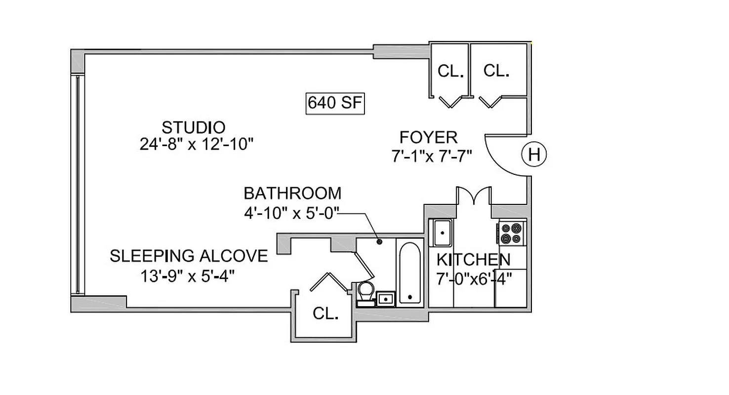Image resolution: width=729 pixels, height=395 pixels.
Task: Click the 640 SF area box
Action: pyautogui.click(x=335, y=103)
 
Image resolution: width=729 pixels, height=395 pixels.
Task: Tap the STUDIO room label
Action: pyautogui.click(x=194, y=127)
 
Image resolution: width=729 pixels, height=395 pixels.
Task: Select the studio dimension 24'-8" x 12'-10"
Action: pyautogui.click(x=196, y=144)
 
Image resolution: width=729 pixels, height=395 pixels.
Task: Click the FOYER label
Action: pyautogui.click(x=428, y=137)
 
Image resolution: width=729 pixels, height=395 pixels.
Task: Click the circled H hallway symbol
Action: pyautogui.click(x=534, y=155)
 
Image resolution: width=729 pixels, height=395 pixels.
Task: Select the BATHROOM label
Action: pyautogui.click(x=292, y=193)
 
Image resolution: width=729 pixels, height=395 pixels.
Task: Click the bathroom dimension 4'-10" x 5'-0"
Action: pyautogui.click(x=291, y=213)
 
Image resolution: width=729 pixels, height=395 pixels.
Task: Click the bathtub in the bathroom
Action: pyautogui.click(x=409, y=273)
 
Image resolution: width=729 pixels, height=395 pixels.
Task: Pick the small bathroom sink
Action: pyautogui.click(x=385, y=299)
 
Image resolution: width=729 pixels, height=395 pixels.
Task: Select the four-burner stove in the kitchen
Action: pyautogui.click(x=511, y=233)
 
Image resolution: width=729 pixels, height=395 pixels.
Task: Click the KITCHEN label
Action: pyautogui.click(x=473, y=259)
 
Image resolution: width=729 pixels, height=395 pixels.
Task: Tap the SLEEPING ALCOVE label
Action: pyautogui.click(x=189, y=256)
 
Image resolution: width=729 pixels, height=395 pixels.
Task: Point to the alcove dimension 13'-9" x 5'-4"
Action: pyautogui.click(x=187, y=276)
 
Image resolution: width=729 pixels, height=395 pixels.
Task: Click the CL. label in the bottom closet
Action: pyautogui.click(x=326, y=314)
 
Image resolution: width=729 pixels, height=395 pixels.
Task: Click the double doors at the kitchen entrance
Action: pyautogui.click(x=474, y=196)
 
